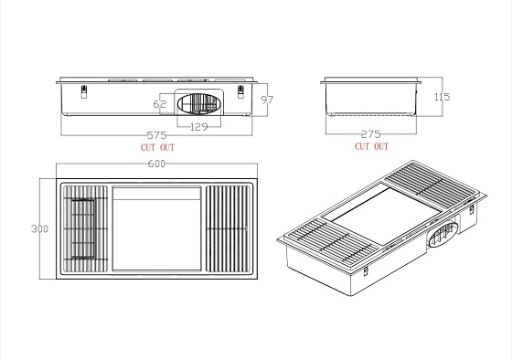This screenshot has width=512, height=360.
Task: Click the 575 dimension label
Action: point(156,135)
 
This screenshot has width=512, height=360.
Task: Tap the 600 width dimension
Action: point(156,164)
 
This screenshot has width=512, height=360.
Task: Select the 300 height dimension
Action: point(40,228)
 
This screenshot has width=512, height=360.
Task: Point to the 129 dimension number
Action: point(199,127)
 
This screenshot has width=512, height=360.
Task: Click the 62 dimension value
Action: point(160,104)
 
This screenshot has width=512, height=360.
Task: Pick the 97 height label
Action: point(267,100)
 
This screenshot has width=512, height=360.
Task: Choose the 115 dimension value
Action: point(443,97)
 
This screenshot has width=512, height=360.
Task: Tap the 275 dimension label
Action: point(371,133)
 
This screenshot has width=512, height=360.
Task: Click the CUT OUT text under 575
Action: point(157,147)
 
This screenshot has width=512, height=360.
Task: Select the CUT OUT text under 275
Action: point(372,146)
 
